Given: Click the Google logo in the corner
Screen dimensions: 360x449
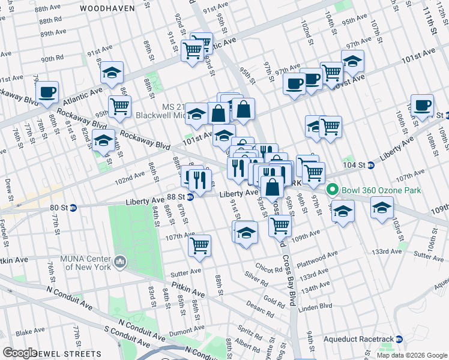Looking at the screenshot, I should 20,353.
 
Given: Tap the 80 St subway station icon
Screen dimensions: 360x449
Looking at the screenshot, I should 73,208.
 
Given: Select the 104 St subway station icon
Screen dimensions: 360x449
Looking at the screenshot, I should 370,165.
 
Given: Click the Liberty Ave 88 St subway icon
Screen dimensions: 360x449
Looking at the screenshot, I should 190,196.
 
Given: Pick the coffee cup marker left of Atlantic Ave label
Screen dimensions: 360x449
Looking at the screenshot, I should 47,92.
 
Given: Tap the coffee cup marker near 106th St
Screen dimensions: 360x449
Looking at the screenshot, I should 422,106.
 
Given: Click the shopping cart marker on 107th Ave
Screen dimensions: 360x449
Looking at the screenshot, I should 199,245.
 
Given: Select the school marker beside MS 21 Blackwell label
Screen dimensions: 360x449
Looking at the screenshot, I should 196,114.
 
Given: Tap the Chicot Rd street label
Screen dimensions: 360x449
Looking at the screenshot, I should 268,269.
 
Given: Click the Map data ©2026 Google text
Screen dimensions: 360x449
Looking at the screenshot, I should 411,355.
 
